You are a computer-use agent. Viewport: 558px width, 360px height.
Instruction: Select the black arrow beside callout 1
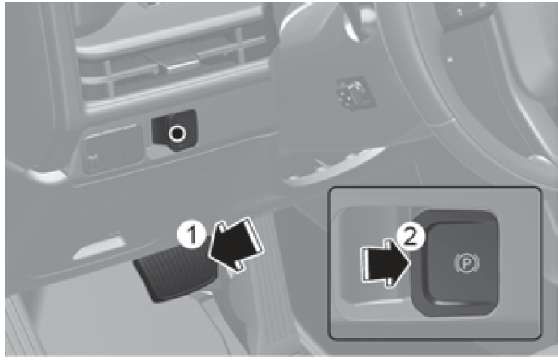point(235,245)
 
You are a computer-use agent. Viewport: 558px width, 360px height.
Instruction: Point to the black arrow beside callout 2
point(385,264)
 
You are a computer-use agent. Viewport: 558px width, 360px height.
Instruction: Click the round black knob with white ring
point(177,133)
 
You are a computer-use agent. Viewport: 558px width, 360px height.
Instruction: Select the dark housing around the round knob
point(175,130)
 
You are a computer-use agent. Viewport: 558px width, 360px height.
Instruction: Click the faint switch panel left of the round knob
point(112,149)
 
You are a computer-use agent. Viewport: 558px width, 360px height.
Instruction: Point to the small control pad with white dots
point(355,93)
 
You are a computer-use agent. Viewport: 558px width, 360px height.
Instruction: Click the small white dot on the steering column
point(450,60)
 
